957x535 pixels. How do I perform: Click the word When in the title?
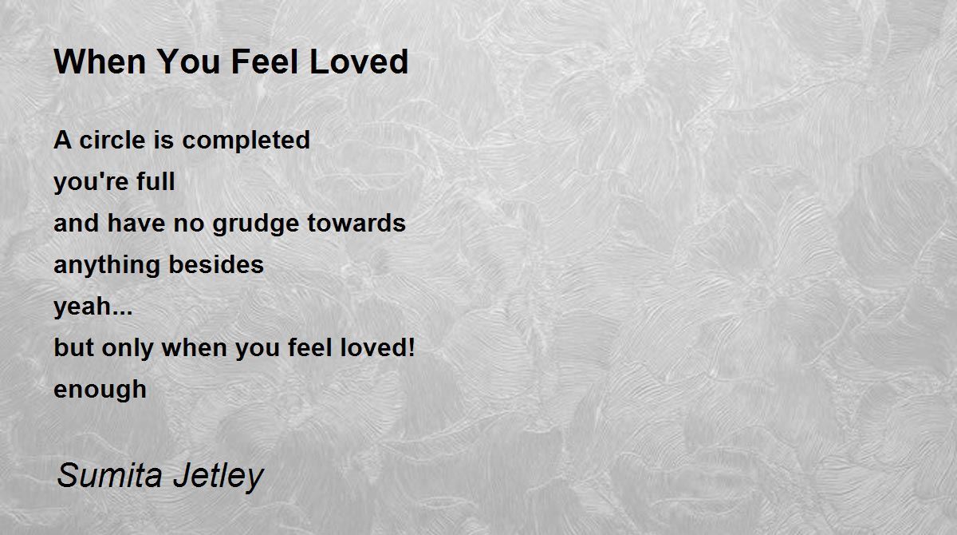(x=100, y=61)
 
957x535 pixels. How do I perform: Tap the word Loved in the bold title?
(x=359, y=61)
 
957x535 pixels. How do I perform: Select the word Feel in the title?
(x=265, y=61)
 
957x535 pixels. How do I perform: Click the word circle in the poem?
(x=112, y=140)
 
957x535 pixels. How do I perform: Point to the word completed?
(x=246, y=141)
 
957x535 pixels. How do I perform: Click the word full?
(x=156, y=181)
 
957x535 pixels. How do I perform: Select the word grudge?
(x=255, y=224)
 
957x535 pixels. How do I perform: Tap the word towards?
(x=356, y=223)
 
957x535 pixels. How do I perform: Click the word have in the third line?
(x=136, y=223)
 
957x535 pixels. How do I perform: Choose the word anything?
(x=106, y=266)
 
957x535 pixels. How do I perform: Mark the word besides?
(x=216, y=264)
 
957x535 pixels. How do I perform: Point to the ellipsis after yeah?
(x=122, y=314)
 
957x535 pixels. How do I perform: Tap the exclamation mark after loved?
(x=411, y=347)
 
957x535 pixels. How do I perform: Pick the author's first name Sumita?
(x=110, y=475)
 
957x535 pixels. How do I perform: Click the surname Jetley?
(x=219, y=477)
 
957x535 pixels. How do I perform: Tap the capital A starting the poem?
(x=62, y=140)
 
